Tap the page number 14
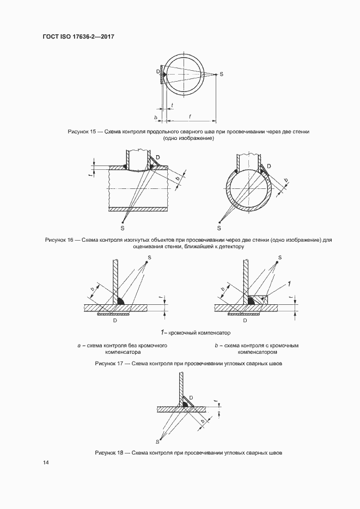point(46,463)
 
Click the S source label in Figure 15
point(221,73)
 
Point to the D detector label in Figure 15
point(157,71)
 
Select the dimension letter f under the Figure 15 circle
point(190,115)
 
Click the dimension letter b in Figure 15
point(156,117)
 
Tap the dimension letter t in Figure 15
point(172,105)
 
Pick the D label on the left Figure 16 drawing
point(158,157)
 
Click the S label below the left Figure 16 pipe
point(123,229)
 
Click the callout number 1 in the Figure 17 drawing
point(289,284)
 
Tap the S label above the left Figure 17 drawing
point(149,257)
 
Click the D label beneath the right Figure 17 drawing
point(245,321)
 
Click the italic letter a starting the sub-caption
point(79,346)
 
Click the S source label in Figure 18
point(157,441)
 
